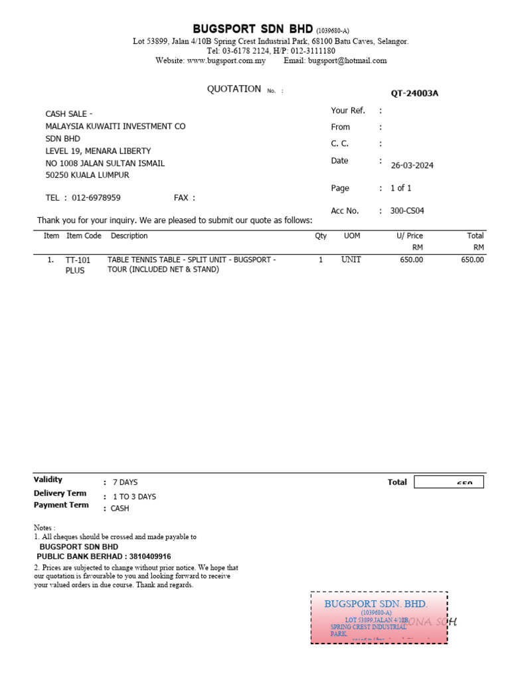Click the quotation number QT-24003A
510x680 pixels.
(x=414, y=93)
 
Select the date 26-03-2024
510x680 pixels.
(x=412, y=165)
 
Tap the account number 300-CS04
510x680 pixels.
(x=407, y=211)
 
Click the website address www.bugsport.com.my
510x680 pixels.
(x=226, y=60)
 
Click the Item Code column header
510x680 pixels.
(x=84, y=236)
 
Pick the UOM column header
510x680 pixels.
(x=351, y=236)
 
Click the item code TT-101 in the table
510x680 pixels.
(x=78, y=260)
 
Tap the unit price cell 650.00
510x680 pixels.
(x=411, y=260)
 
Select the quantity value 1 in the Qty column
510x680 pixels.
(x=321, y=260)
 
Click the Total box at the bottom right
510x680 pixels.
(x=448, y=482)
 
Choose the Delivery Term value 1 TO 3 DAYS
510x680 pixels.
(x=134, y=497)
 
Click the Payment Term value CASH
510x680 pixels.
(x=120, y=509)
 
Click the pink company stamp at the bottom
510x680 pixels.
(x=379, y=618)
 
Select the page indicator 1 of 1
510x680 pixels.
(x=400, y=189)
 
